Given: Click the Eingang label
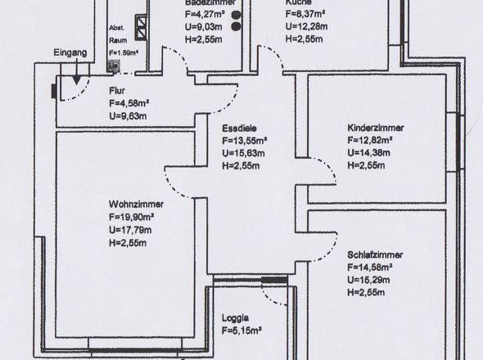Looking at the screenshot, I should coord(70,53).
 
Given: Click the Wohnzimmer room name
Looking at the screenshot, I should coord(135,205).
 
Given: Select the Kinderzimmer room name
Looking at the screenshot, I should coord(375,128).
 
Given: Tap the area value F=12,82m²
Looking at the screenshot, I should coord(371,141).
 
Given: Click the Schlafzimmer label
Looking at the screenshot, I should coord(374,254).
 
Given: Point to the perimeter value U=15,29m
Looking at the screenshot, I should coord(371,280).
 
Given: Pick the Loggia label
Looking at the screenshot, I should coord(235,318).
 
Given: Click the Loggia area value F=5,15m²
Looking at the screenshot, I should coord(241,331).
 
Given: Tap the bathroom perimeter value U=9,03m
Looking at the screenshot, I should coord(203,25).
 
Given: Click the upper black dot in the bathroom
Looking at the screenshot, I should coord(237,15).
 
